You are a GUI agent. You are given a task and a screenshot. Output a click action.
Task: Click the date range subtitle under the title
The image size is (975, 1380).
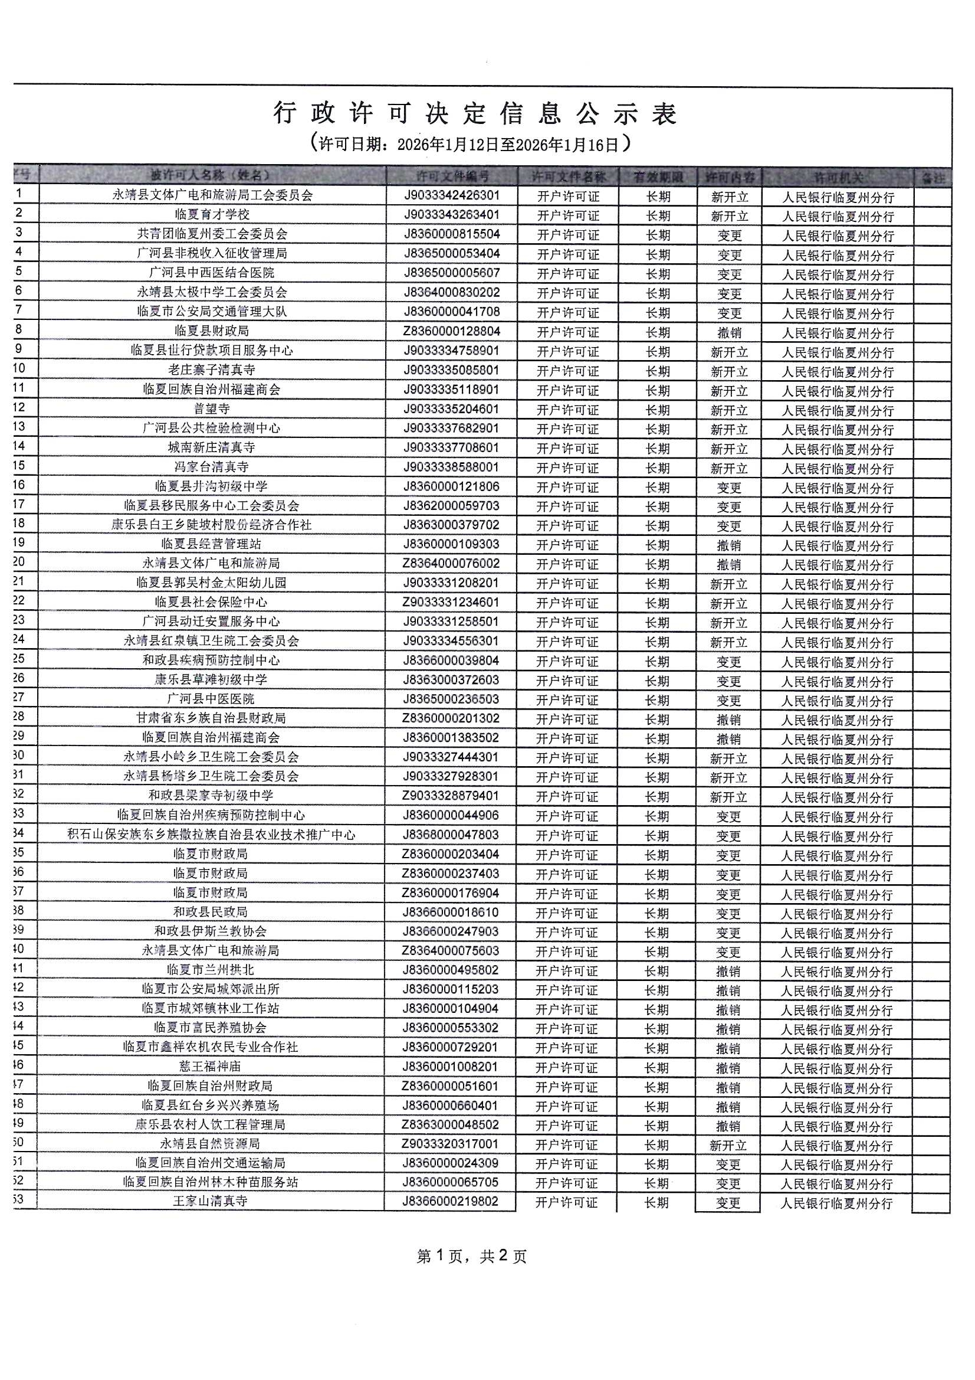click(x=472, y=144)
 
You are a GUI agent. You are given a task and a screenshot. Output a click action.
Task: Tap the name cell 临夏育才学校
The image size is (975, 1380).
click(x=212, y=215)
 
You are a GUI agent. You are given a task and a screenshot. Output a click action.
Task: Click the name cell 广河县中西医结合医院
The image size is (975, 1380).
click(x=212, y=273)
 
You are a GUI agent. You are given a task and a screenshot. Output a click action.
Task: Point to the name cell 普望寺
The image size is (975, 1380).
click(x=212, y=408)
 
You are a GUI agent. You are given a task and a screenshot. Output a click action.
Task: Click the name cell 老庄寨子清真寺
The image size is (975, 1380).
click(x=212, y=369)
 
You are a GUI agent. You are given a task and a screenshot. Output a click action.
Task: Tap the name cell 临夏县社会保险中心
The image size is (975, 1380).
click(x=212, y=602)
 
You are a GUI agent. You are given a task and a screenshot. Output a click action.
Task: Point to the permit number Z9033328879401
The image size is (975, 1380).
click(x=451, y=796)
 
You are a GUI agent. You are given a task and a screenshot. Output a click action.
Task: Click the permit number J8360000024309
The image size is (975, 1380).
click(x=451, y=1163)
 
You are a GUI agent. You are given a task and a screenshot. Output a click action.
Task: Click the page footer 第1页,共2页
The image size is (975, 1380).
click(x=472, y=1256)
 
